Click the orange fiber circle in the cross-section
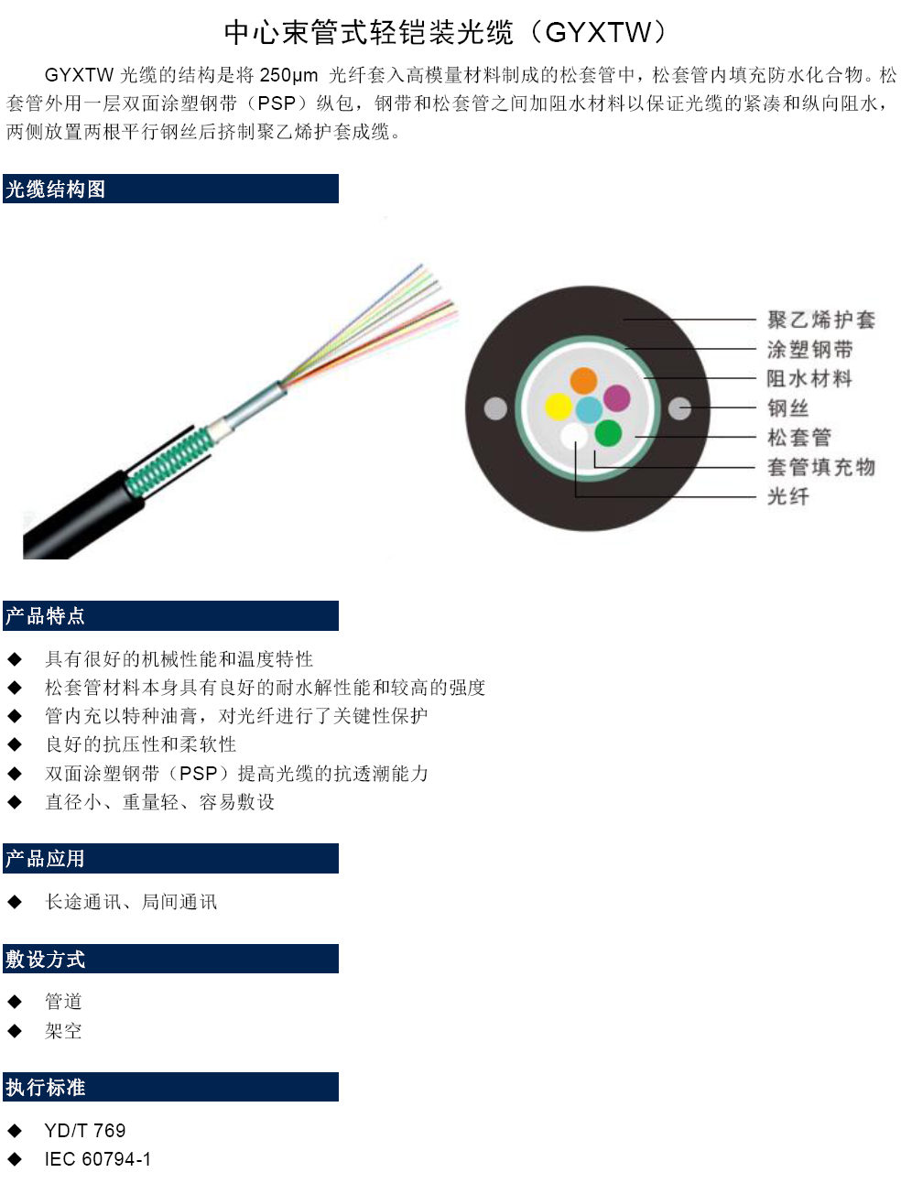(x=583, y=380)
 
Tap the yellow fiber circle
(x=558, y=407)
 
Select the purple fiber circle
(x=616, y=397)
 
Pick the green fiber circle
(x=607, y=433)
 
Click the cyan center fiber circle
(x=589, y=409)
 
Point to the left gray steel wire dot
(x=494, y=408)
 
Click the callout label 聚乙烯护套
(x=820, y=320)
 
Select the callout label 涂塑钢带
(x=809, y=349)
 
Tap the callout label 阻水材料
(x=809, y=378)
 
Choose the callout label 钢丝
(x=787, y=408)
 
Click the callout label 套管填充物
(x=820, y=467)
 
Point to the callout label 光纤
(x=787, y=496)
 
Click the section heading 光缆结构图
(x=55, y=189)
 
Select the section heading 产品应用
(x=45, y=858)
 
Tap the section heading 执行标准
(x=45, y=1087)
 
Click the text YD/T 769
(x=85, y=1130)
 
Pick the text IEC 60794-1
(x=97, y=1159)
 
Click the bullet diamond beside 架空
(x=15, y=1030)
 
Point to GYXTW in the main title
(x=598, y=33)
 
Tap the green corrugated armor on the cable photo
(x=169, y=461)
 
